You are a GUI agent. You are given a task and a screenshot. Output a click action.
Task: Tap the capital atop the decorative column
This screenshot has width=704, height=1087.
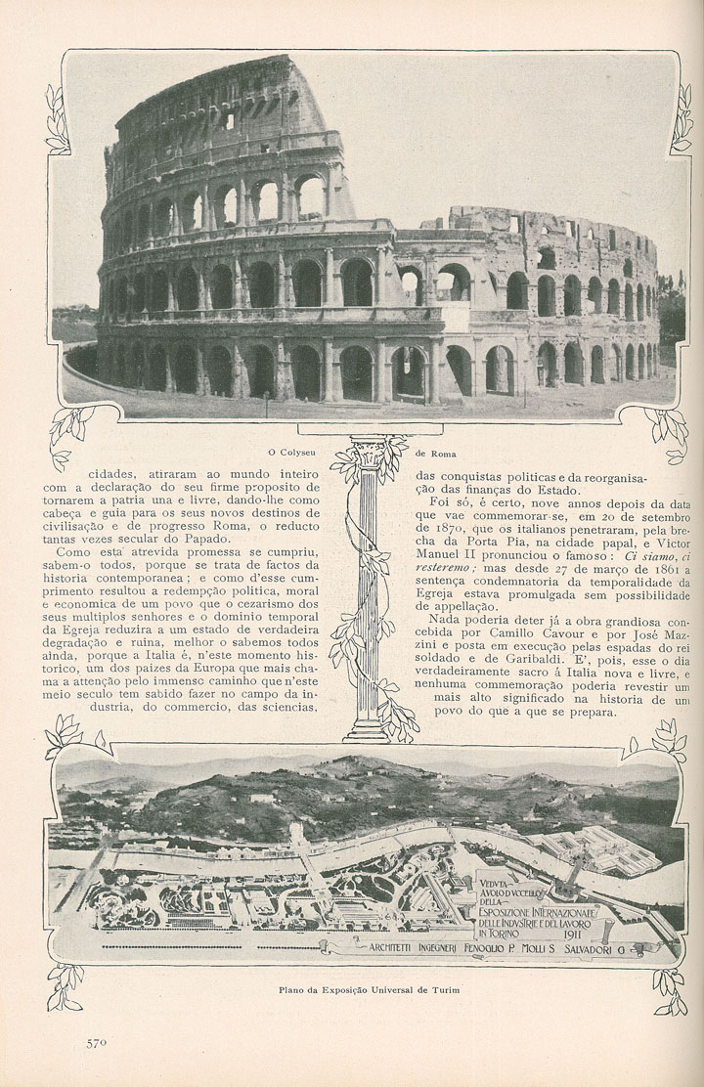[x=369, y=455]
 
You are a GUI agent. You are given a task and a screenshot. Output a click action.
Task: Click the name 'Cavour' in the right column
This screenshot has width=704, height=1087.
[x=545, y=627]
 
